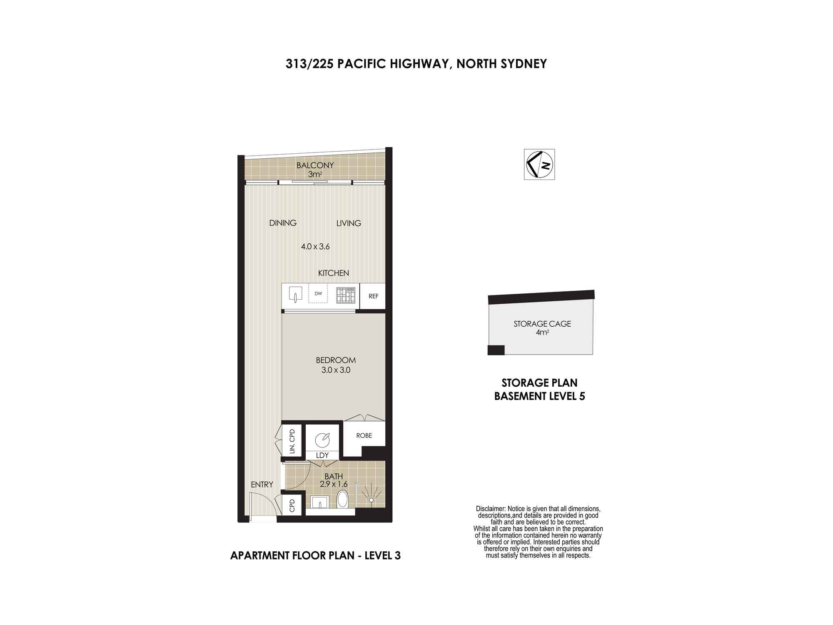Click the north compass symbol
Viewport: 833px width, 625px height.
point(539,164)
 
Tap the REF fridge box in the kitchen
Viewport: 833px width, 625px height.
point(373,296)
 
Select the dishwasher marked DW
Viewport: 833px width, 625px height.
point(318,294)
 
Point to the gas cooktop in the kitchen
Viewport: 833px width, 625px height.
point(346,295)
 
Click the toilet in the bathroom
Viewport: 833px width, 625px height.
point(342,499)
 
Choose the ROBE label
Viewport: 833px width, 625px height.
point(364,435)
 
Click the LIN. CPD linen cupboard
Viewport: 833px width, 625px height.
point(292,441)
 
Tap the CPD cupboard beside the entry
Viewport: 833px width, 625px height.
point(292,505)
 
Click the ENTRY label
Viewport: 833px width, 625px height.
point(262,485)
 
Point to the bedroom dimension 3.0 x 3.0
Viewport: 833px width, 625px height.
point(336,370)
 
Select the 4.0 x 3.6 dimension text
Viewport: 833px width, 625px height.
point(315,246)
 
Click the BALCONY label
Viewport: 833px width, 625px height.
point(315,165)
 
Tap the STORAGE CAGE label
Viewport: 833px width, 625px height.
point(542,324)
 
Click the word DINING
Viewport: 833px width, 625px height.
point(283,223)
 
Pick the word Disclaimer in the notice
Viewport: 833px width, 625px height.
point(491,509)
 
